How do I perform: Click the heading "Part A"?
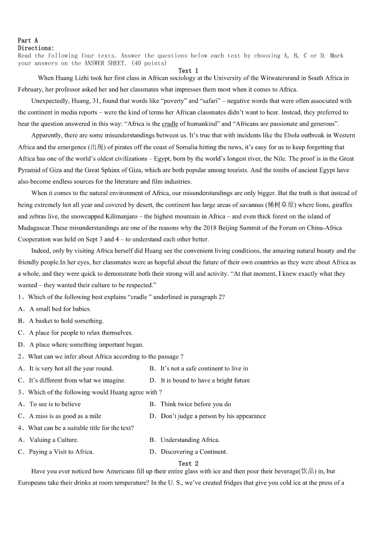[x=28, y=40]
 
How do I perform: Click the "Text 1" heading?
[x=188, y=71]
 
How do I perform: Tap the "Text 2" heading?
[x=188, y=463]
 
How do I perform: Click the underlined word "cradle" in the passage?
[x=170, y=124]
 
